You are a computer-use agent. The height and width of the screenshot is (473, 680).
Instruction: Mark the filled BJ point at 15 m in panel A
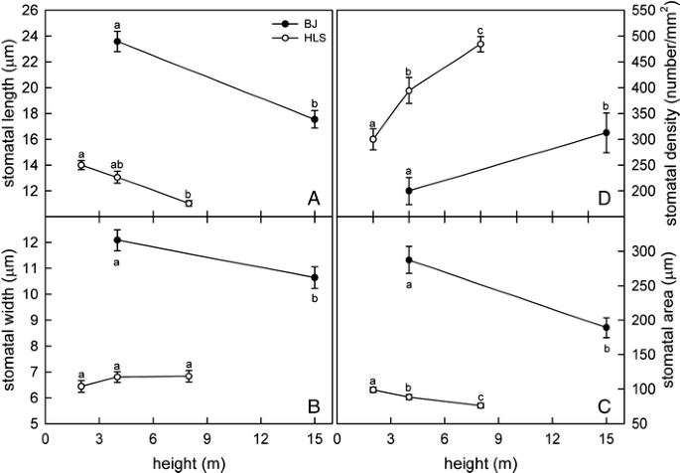point(315,119)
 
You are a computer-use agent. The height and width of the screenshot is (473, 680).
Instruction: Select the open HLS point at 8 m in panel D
point(480,45)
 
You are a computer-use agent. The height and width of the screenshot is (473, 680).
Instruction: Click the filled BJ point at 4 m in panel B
point(117,240)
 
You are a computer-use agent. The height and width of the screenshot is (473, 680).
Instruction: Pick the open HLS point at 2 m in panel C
point(373,390)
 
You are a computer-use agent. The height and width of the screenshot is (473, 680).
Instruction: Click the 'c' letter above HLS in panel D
point(480,30)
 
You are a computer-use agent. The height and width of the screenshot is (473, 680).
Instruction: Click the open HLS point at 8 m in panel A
point(189,203)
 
